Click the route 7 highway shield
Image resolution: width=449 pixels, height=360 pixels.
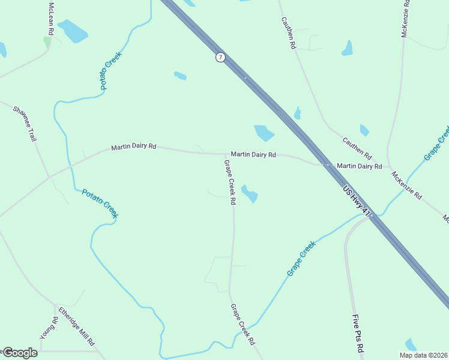[x=220, y=57]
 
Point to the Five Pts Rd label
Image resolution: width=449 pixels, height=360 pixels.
[x=358, y=334]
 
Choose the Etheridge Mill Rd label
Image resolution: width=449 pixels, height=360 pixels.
[x=77, y=326]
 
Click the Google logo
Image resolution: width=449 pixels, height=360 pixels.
[x=19, y=352]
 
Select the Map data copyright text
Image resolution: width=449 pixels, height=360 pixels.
[x=423, y=355]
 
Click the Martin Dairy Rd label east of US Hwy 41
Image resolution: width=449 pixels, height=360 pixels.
[x=359, y=166]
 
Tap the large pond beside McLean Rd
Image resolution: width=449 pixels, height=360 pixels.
[x=73, y=31]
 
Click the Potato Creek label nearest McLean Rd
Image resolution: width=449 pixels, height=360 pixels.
[x=112, y=71]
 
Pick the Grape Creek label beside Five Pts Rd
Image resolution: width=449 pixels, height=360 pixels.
[x=301, y=259]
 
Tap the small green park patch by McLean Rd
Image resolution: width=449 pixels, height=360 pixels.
[x=47, y=43]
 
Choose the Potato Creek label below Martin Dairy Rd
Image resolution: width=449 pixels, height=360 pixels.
[x=100, y=203]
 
